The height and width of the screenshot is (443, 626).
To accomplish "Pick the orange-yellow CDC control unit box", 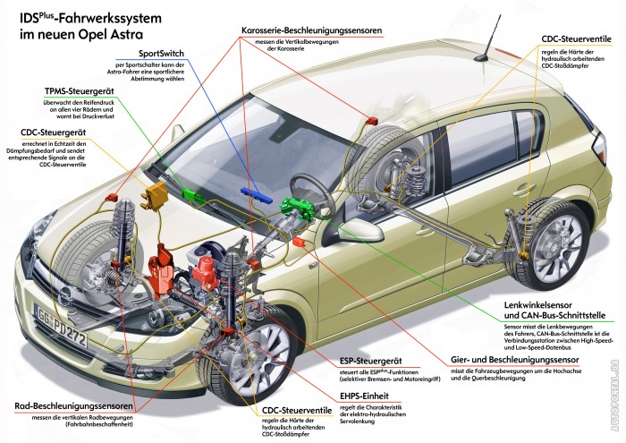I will point(160,192).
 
